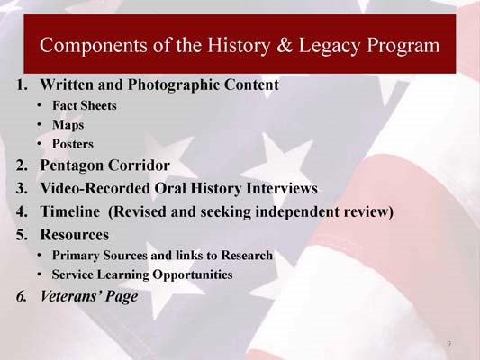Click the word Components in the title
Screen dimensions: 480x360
click(94, 46)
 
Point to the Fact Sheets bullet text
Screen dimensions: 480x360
click(85, 105)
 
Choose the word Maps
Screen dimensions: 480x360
click(68, 125)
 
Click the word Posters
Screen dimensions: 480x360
click(73, 144)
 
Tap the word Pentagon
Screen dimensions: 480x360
click(71, 166)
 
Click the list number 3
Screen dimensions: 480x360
click(21, 188)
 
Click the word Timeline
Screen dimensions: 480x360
click(70, 211)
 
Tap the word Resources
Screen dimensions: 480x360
click(75, 235)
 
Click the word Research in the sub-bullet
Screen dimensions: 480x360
click(247, 255)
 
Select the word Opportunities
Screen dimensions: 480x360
click(193, 274)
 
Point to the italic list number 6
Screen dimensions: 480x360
click(21, 296)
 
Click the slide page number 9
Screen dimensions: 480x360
click(448, 344)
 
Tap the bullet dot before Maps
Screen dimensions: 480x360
click(39, 125)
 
